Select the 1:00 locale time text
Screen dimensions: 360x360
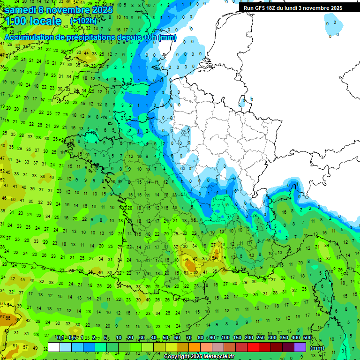[x=33, y=22]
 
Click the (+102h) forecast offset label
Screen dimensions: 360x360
[x=84, y=22]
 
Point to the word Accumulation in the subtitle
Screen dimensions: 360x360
[x=32, y=37]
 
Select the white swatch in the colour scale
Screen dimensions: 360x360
[x=54, y=347]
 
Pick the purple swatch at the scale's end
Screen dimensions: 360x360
[x=300, y=347]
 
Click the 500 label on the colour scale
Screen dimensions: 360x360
[x=307, y=338]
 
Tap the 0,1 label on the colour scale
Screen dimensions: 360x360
[x=60, y=338]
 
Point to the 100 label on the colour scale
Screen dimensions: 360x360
[x=225, y=338]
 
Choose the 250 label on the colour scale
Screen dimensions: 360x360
[x=261, y=338]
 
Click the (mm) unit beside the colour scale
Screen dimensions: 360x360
[x=317, y=348]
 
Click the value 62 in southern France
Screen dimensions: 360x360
[x=196, y=272]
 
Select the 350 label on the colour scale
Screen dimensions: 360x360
[x=284, y=338]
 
